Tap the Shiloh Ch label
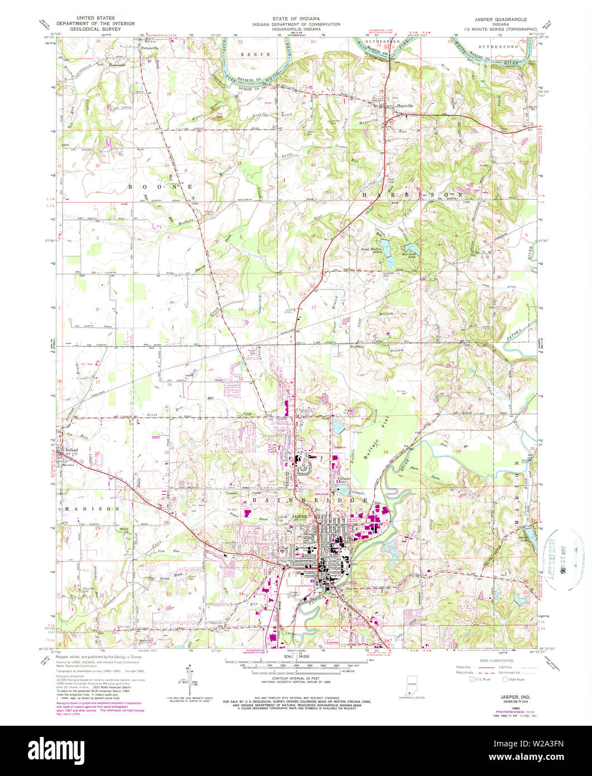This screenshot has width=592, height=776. pos(126,528)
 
